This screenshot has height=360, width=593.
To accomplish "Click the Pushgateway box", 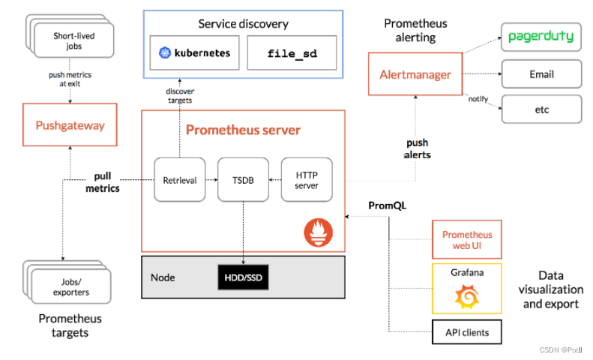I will pyautogui.click(x=70, y=127).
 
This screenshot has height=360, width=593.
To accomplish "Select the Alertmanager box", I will pyautogui.click(x=415, y=74).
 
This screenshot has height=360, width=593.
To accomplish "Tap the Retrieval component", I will pyautogui.click(x=179, y=180).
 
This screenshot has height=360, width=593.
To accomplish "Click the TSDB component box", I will pyautogui.click(x=243, y=180).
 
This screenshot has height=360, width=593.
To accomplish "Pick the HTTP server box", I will pyautogui.click(x=306, y=180).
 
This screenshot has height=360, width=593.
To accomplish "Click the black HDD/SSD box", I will pyautogui.click(x=243, y=277).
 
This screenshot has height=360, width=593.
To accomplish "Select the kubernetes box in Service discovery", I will pyautogui.click(x=194, y=53).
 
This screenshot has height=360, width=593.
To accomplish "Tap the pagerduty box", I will pyautogui.click(x=541, y=36).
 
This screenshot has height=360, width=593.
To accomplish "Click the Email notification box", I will pyautogui.click(x=541, y=74).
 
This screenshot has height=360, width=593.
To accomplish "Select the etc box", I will pyautogui.click(x=541, y=109).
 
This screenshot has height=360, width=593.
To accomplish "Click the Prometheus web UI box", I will pyautogui.click(x=466, y=239).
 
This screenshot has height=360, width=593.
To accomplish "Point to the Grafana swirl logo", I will pyautogui.click(x=467, y=298).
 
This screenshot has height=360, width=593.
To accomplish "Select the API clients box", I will pyautogui.click(x=466, y=331).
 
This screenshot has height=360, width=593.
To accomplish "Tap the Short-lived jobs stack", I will pyautogui.click(x=73, y=40).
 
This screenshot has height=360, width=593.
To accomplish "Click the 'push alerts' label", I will pyautogui.click(x=418, y=148).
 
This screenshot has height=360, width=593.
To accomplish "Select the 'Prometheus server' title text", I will pyautogui.click(x=243, y=130).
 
